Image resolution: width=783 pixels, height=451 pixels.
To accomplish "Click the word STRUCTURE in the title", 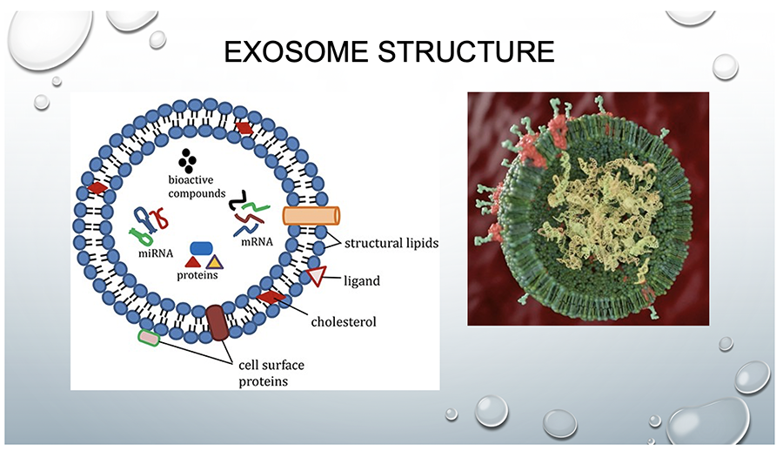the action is tap(466, 51).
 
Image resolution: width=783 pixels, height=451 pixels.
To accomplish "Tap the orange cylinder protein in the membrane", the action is tap(311, 216).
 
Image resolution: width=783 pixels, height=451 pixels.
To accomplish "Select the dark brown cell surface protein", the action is tap(217, 322).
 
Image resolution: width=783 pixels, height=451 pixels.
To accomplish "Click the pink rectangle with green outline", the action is tap(149, 339).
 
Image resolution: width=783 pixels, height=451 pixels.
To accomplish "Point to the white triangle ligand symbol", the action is tap(316, 276).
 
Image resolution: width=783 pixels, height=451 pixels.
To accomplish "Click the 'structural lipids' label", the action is tap(391, 244).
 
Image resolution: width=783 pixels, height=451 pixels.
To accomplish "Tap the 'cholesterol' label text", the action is tap(344, 321).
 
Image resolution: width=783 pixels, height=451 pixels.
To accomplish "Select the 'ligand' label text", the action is tap(362, 281).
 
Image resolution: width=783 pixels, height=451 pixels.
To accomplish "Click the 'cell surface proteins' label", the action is tap(271, 373).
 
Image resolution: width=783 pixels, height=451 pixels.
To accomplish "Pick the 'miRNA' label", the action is tap(156, 253).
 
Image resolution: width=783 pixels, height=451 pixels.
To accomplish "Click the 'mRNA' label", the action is tap(258, 242).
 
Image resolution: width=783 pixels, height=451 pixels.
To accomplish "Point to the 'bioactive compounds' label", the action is tap(197, 186).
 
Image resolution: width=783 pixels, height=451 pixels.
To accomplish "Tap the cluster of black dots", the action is tap(187, 161).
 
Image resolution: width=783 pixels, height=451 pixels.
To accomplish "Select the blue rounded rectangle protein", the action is tap(202, 248).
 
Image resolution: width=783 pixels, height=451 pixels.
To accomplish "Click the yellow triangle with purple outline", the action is tap(214, 262).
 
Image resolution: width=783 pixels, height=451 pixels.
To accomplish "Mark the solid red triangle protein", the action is tap(193, 261).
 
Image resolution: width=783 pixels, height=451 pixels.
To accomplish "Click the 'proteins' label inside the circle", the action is tap(197, 275).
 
